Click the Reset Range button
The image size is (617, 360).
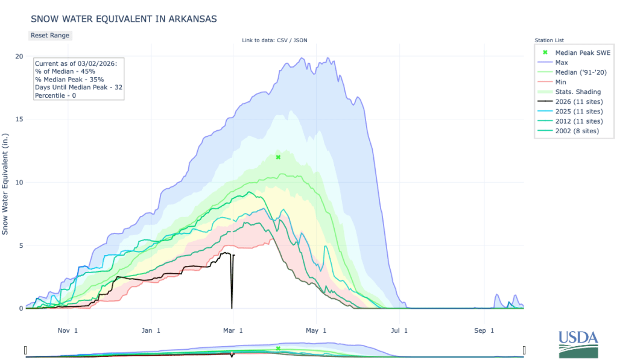pyautogui.click(x=50, y=35)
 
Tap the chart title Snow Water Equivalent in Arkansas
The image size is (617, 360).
pyautogui.click(x=123, y=19)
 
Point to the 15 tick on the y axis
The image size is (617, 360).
pyautogui.click(x=19, y=119)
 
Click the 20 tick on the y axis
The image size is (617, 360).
pyautogui.click(x=19, y=56)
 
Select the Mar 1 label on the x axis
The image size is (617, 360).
pyautogui.click(x=233, y=330)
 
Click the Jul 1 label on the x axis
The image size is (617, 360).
pyautogui.click(x=398, y=330)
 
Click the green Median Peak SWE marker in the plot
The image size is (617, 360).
pyautogui.click(x=278, y=157)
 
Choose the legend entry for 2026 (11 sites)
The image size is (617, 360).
pyautogui.click(x=577, y=101)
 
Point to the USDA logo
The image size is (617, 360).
pyautogui.click(x=578, y=344)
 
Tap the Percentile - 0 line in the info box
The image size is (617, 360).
pyautogui.click(x=62, y=95)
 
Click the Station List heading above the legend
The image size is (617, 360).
pyautogui.click(x=550, y=40)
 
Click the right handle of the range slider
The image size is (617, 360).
pyautogui.click(x=524, y=350)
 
